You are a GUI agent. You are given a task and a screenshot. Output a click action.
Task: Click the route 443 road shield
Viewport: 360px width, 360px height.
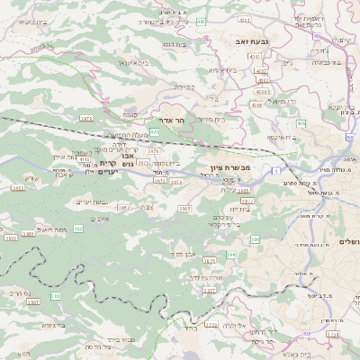[x=200, y=21]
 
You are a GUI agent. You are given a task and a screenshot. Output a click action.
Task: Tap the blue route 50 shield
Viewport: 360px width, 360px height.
[x=349, y=137]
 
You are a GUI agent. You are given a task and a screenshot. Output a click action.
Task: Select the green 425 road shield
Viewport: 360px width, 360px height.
[x=155, y=132]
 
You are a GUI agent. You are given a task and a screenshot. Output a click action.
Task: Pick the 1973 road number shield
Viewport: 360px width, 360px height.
[x=86, y=118]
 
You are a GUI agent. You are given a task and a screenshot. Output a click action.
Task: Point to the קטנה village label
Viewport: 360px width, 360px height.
[x=131, y=114]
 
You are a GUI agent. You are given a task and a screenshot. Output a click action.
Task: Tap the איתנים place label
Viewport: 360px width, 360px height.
[x=101, y=219]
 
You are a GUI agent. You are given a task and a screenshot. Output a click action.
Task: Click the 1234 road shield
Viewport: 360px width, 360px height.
[x=332, y=335]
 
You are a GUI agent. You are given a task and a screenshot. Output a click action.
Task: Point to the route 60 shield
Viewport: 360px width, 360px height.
[x=306, y=334]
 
